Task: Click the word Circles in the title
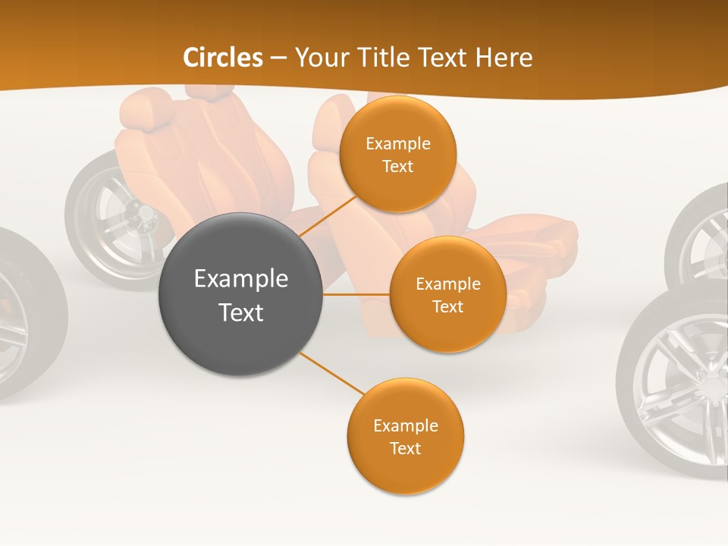(x=223, y=58)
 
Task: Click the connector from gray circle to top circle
(x=328, y=215)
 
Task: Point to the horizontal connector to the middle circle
(x=356, y=294)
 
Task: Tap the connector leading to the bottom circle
(x=332, y=373)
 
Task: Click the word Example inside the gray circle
(x=241, y=278)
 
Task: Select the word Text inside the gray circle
(x=241, y=312)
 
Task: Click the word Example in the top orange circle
(x=398, y=143)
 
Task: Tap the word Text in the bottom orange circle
(x=406, y=448)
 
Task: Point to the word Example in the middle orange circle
(x=448, y=284)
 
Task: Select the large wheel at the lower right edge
(x=675, y=383)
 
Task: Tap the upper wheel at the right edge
(x=701, y=235)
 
